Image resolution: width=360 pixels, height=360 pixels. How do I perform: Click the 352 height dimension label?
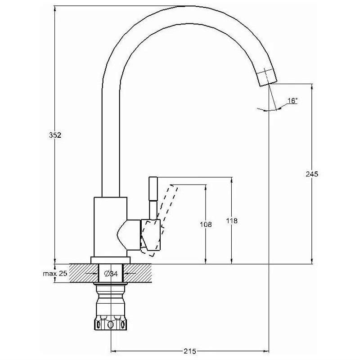(x=54, y=135)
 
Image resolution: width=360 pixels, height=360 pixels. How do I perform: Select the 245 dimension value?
(x=312, y=174)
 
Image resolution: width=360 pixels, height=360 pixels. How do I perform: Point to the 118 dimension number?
(x=231, y=221)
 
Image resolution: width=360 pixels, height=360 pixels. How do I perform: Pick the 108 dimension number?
(x=206, y=224)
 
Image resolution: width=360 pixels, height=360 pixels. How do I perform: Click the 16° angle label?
(x=292, y=101)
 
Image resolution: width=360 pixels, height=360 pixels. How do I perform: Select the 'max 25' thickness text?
(x=55, y=273)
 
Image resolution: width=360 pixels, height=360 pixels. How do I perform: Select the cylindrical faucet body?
(x=110, y=225)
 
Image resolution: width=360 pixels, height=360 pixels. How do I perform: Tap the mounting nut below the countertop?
(x=110, y=322)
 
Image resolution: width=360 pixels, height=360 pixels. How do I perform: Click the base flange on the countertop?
(x=110, y=260)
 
